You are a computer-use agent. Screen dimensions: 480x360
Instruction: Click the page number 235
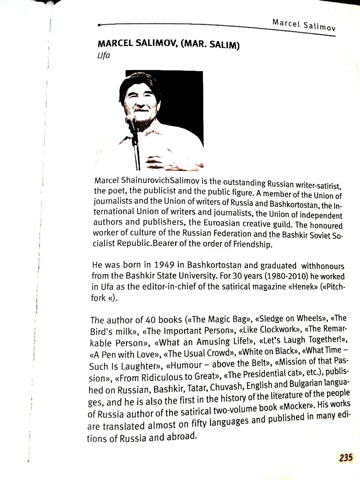[x=346, y=457]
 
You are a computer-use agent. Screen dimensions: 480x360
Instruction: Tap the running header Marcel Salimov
[x=304, y=25]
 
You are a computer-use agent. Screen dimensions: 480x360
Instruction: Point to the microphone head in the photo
[x=131, y=120]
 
